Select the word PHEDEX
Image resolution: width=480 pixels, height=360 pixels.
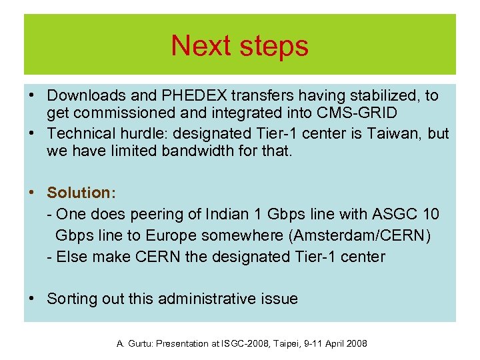coord(179,96)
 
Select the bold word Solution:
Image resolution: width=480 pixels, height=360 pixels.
coord(81,193)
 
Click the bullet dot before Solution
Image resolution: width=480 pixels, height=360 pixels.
coord(32,193)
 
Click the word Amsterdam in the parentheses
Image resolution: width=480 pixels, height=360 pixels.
coord(341,235)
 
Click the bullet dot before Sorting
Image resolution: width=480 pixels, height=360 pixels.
coord(32,299)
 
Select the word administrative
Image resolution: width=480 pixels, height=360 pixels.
coord(213,299)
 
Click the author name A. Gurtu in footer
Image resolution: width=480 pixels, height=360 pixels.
coord(133,343)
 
